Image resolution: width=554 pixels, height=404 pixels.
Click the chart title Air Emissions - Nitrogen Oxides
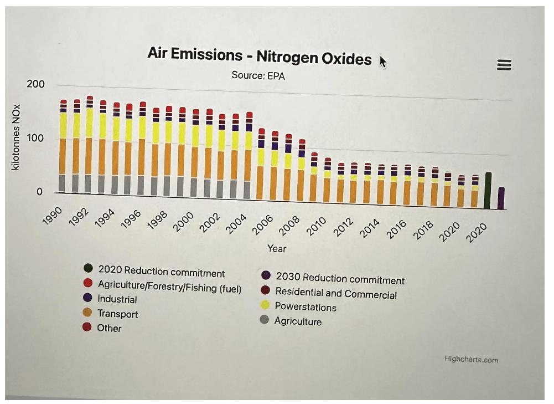260,56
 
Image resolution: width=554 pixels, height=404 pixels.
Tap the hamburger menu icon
504,65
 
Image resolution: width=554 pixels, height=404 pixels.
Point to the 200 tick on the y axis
35,84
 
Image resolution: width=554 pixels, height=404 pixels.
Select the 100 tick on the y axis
35,138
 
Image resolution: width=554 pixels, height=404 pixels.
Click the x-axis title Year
277,249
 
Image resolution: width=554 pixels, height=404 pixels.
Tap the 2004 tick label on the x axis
236,224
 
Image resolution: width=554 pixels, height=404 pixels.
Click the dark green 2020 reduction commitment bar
488,191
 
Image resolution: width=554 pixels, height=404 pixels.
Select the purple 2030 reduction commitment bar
501,198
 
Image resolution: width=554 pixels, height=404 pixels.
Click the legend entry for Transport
117,314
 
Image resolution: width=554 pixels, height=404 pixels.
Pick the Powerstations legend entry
305,307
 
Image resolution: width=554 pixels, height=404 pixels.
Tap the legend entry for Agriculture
297,321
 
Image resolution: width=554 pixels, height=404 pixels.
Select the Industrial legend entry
117,300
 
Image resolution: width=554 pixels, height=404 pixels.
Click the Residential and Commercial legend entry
335,294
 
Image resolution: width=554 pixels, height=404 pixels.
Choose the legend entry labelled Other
109,328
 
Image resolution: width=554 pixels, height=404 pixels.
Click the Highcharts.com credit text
471,360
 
